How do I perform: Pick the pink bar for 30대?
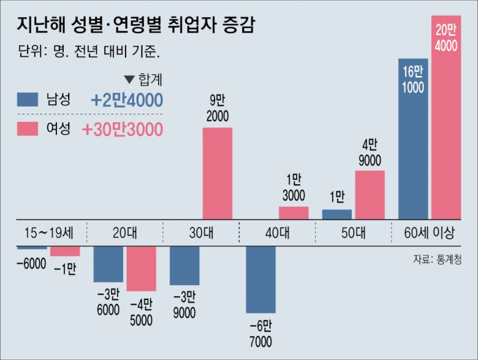218,173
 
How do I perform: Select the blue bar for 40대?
260,280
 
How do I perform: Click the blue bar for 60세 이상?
413,139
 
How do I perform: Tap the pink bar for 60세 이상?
446,117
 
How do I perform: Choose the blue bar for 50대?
337,214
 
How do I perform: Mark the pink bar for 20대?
142,269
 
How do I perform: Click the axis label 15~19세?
49,232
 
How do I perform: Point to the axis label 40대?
277,232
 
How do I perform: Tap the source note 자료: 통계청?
436,259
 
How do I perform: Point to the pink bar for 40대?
294,212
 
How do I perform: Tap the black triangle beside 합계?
129,79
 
